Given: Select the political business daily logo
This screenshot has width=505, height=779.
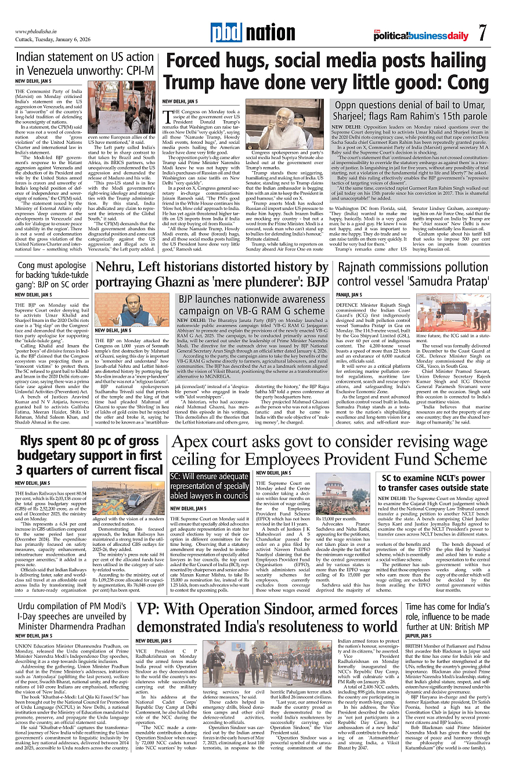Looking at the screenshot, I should [421, 36].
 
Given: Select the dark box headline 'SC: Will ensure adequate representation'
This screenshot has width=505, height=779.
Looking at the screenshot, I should [210, 486].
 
